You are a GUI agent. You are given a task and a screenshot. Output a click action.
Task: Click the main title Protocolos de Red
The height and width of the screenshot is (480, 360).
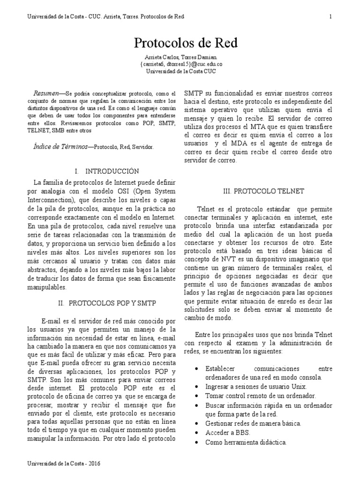point(186,44)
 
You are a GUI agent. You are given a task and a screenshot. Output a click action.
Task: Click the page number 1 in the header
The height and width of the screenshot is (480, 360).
point(330,17)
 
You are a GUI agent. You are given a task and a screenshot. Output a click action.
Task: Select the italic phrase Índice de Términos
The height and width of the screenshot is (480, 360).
point(61,147)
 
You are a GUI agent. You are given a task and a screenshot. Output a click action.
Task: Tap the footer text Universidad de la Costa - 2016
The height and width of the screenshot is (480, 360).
point(64,463)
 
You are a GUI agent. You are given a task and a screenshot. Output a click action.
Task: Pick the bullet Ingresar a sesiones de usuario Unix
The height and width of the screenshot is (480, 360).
point(256,386)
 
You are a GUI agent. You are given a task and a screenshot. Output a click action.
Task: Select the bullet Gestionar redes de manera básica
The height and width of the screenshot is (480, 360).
point(253,423)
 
